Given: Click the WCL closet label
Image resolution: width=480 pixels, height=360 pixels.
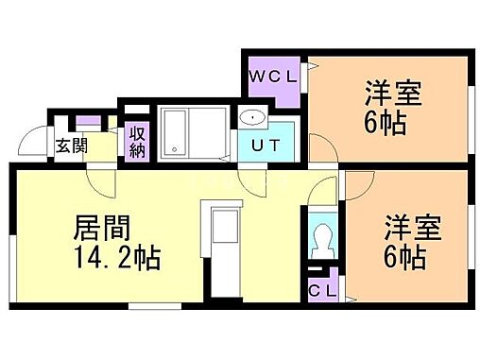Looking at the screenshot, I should point(274,75).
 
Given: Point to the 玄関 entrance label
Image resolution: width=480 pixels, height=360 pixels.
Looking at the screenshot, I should point(70,146).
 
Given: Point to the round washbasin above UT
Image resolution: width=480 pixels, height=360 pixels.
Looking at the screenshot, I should point(251,118).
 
